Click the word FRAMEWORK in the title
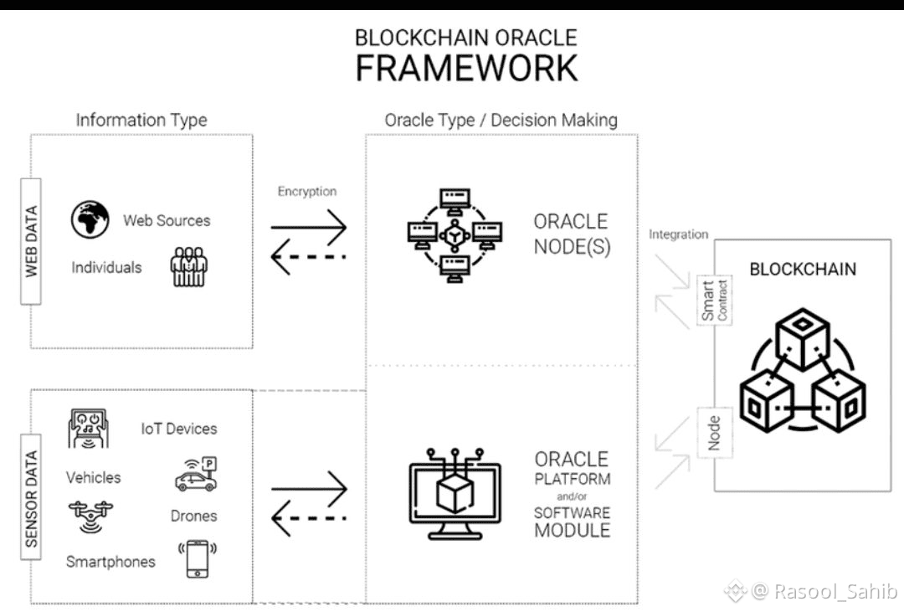click(466, 68)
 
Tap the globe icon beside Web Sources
click(90, 219)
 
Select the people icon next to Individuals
click(188, 267)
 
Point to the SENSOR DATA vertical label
click(31, 500)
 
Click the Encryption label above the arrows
click(307, 191)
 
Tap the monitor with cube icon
click(455, 494)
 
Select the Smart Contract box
click(714, 301)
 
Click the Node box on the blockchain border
click(714, 432)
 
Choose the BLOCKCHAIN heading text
click(802, 270)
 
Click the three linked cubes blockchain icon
click(801, 373)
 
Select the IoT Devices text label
click(178, 429)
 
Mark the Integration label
click(678, 234)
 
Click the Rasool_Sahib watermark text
click(824, 591)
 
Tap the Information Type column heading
click(141, 120)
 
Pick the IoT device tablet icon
click(89, 429)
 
